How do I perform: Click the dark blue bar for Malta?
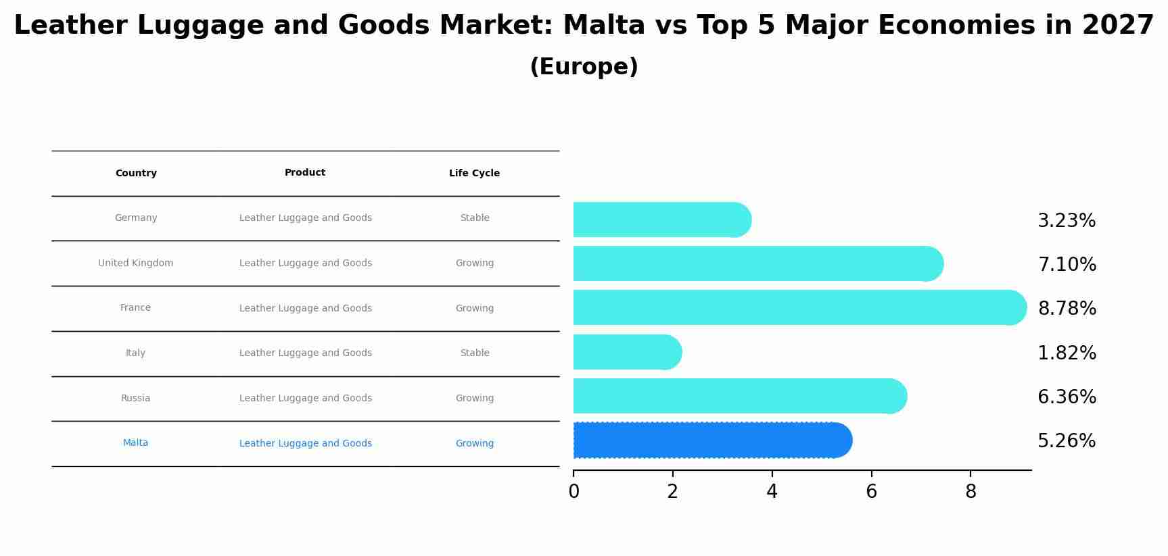point(710,440)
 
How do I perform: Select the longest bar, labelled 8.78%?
point(798,308)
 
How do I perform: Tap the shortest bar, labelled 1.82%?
point(626,352)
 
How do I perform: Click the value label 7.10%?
point(1067,265)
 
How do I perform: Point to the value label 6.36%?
point(1067,397)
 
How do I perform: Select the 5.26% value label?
point(1067,441)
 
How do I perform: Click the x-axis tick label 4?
point(772,492)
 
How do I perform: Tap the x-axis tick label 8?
point(971,492)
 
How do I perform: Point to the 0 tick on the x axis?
point(574,492)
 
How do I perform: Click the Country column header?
point(136,174)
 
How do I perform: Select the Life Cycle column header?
point(474,174)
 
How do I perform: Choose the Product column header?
point(305,173)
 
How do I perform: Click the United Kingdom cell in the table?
point(135,263)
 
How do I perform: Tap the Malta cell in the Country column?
point(135,443)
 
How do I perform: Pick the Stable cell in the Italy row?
point(474,353)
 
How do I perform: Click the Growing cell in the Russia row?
point(474,399)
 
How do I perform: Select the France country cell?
point(135,308)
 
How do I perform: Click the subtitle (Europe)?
point(584,67)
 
